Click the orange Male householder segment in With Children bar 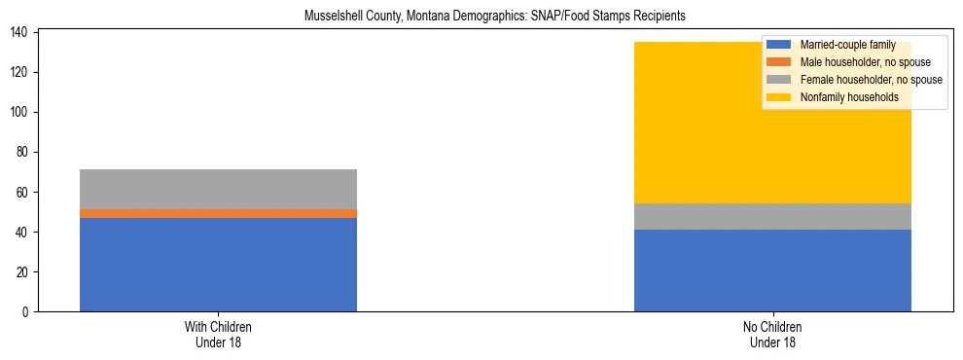pyautogui.click(x=218, y=213)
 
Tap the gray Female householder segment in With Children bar pyautogui.click(x=218, y=189)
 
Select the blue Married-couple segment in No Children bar pyautogui.click(x=772, y=270)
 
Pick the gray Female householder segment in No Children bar pyautogui.click(x=772, y=216)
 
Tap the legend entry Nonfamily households pyautogui.click(x=843, y=97)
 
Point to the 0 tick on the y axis pyautogui.click(x=26, y=312)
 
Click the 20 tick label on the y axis pyautogui.click(x=23, y=272)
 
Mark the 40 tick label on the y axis pyautogui.click(x=23, y=233)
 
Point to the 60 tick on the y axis pyautogui.click(x=23, y=193)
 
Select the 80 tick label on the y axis pyautogui.click(x=23, y=153)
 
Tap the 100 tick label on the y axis pyautogui.click(x=20, y=113)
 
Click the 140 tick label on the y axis pyautogui.click(x=20, y=33)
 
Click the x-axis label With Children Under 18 pyautogui.click(x=218, y=334)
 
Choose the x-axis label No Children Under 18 pyautogui.click(x=772, y=334)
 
